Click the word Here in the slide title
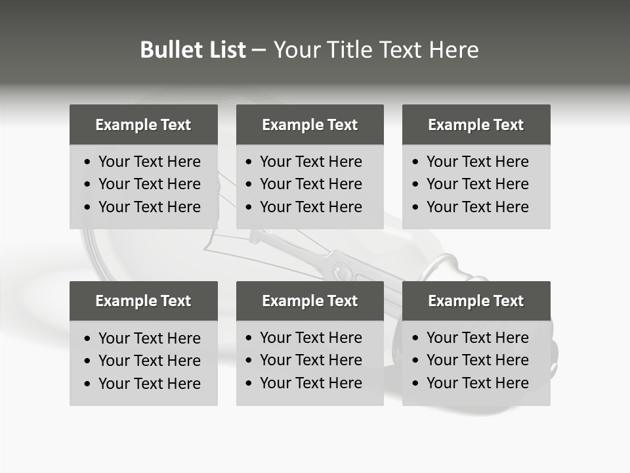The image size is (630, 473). (453, 50)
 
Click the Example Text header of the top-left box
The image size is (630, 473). (143, 125)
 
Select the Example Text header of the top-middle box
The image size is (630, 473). (310, 125)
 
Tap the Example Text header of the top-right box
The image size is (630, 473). (476, 125)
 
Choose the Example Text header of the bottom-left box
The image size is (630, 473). (143, 301)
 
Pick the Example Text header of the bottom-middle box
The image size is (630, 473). (310, 301)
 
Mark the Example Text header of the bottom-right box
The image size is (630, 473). (476, 301)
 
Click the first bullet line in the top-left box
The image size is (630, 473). (149, 162)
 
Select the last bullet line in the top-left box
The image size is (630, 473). (149, 207)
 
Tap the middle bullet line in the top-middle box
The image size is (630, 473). (310, 184)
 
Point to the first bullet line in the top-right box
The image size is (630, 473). (477, 162)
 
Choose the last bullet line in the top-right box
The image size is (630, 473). (477, 207)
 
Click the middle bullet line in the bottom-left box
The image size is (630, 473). (149, 361)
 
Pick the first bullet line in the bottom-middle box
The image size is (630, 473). (310, 338)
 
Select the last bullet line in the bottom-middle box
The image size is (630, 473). (310, 383)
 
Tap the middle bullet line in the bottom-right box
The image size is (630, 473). (477, 360)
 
